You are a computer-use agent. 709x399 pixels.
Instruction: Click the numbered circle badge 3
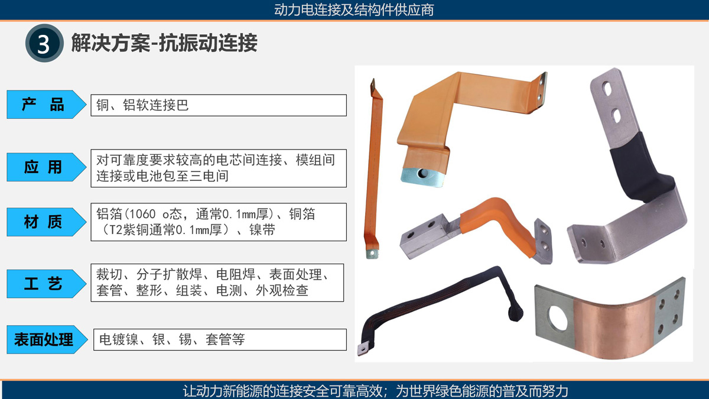pos(44,43)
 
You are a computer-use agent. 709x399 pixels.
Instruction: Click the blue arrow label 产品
pos(46,105)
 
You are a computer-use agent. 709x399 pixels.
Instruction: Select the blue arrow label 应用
pos(46,167)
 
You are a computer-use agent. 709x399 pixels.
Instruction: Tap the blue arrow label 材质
pos(46,222)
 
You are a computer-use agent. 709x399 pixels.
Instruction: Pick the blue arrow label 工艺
pos(46,284)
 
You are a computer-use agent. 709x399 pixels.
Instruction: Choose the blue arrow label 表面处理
pos(47,339)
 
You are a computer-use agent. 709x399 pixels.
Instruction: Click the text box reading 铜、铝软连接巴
pos(219,105)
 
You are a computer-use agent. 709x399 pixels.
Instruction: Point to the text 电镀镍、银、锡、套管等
pos(172,339)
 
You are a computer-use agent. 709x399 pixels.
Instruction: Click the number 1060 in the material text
pos(142,215)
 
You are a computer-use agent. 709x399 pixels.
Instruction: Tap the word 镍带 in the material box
pos(262,230)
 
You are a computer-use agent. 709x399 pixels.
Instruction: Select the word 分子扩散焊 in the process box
pos(170,274)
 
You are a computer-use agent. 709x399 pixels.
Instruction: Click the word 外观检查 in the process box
pos(282,290)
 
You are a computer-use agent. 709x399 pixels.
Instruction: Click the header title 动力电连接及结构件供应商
pos(354,10)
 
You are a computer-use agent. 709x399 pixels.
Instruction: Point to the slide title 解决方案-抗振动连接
pos(164,43)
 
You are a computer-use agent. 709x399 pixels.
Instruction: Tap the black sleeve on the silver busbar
pos(639,168)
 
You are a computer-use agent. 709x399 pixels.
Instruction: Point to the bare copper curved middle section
pos(614,326)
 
